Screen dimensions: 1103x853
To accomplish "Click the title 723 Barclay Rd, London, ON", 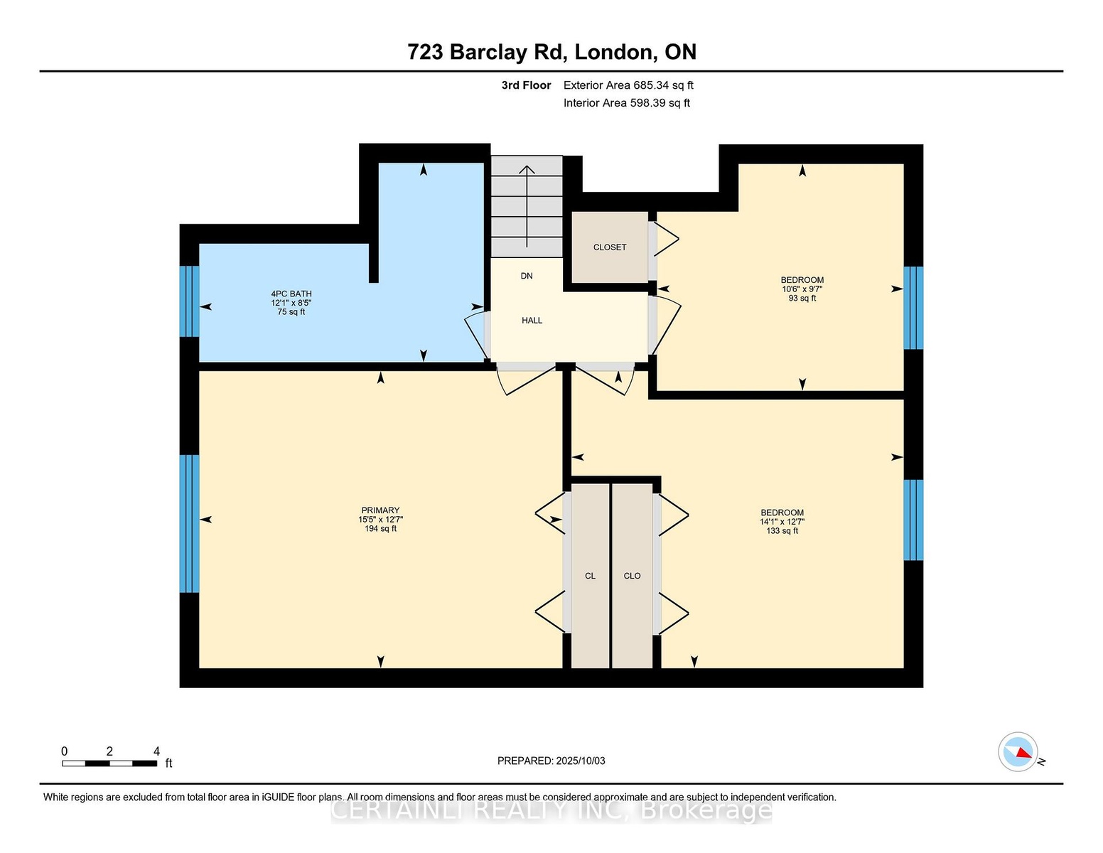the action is click(551, 53).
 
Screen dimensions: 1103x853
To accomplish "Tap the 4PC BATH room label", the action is click(291, 294).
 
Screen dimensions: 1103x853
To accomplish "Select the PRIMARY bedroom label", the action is click(380, 510).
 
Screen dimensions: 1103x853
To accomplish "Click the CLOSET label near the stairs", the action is click(610, 247).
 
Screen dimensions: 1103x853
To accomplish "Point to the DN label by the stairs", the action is click(527, 276).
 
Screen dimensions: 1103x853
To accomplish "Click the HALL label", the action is click(532, 321).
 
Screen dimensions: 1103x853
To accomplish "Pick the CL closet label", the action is click(590, 576).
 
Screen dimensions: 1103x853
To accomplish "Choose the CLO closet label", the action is click(632, 576).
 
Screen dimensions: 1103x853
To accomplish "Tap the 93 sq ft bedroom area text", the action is click(802, 299).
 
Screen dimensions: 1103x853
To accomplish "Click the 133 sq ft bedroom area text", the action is click(782, 531).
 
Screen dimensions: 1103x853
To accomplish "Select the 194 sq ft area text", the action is click(380, 529).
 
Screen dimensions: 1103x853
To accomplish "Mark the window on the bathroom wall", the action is click(189, 301).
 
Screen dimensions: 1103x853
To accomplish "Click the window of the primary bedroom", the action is click(189, 524).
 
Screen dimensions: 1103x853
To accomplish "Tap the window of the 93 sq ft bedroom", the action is click(914, 308).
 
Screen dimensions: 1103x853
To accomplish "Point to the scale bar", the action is click(109, 763).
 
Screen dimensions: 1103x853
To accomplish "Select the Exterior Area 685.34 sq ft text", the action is click(628, 85).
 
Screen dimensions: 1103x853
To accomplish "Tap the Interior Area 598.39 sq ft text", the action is click(627, 103).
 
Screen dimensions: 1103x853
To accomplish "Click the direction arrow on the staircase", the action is click(527, 207).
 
